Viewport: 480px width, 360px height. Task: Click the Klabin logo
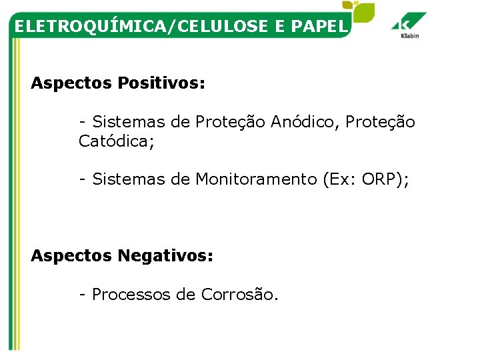(x=409, y=26)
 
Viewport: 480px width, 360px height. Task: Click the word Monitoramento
(x=256, y=179)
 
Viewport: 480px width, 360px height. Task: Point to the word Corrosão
(x=238, y=294)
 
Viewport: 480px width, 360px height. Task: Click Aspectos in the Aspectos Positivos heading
(x=72, y=84)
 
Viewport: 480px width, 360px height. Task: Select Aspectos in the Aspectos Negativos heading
(x=72, y=255)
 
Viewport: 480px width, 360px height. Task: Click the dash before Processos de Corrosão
(x=82, y=294)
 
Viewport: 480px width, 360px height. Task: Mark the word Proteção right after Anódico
(x=380, y=122)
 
